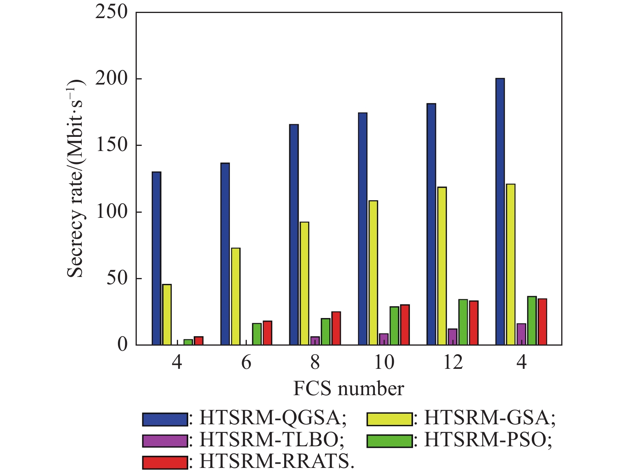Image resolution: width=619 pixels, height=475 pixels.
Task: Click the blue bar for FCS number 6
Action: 225,254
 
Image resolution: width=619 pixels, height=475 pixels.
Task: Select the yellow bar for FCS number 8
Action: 304,284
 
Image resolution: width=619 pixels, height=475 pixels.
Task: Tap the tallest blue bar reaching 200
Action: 500,212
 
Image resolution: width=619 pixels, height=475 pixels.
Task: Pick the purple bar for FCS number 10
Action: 384,339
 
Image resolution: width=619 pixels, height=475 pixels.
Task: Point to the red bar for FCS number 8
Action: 336,328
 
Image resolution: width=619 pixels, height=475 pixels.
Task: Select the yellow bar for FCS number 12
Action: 442,266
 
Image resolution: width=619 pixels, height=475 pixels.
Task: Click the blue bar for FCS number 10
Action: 362,229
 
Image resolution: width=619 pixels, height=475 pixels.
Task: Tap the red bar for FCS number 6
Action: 267,333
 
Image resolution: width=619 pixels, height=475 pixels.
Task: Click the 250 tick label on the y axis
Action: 112,12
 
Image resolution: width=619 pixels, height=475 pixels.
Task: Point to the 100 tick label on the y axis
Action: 112,212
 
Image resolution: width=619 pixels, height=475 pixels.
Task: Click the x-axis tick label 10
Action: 384,362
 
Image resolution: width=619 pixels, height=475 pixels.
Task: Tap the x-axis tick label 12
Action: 453,362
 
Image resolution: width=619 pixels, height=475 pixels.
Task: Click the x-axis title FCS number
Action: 349,388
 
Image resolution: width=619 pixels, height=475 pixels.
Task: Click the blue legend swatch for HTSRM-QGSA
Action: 165,419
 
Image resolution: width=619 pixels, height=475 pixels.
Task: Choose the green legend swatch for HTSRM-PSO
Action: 389,441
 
